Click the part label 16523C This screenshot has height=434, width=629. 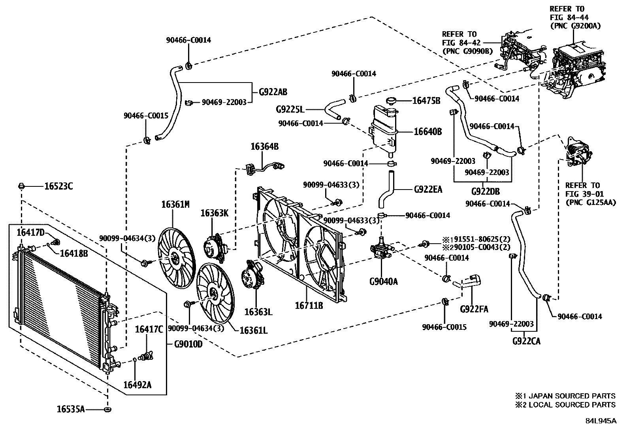58,186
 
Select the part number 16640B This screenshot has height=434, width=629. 428,131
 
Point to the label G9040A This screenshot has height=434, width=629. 383,282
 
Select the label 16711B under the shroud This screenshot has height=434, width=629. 309,305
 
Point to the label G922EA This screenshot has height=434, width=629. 428,190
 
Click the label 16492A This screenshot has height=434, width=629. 137,385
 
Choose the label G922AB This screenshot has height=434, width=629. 273,92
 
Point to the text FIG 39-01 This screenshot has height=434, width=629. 583,194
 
